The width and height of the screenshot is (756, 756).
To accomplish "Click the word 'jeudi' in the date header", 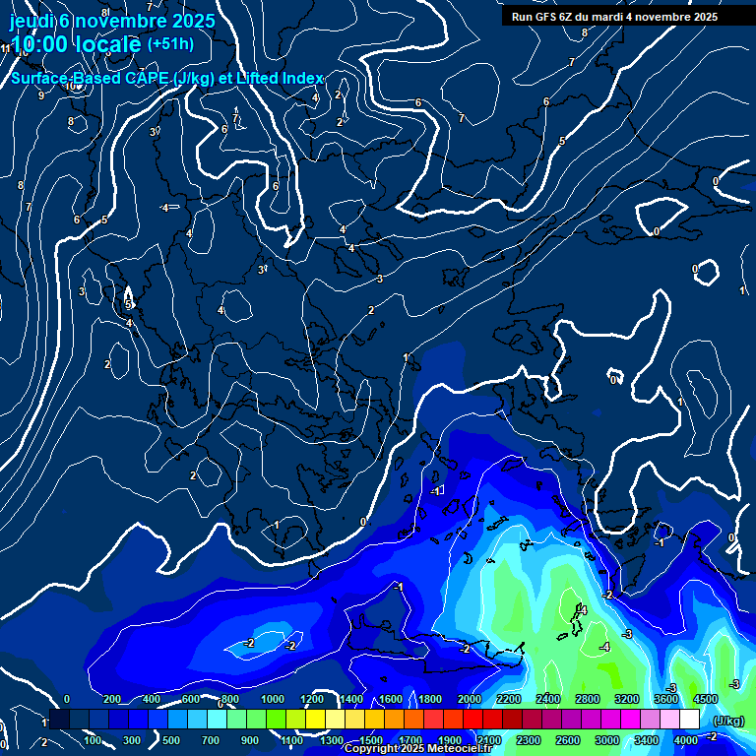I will tap(32, 21).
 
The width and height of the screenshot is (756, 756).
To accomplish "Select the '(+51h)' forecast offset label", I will tap(170, 43).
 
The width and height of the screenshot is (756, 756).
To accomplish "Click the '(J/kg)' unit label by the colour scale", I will tap(727, 721).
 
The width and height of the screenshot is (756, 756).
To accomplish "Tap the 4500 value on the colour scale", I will tap(706, 699).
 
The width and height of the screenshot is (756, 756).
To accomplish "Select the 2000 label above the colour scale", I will tap(470, 699).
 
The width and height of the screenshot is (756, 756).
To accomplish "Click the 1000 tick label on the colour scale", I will tap(273, 699).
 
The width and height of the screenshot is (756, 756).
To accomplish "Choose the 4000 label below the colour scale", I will tap(686, 740).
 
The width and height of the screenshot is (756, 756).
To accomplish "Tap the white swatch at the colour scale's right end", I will tap(689, 720).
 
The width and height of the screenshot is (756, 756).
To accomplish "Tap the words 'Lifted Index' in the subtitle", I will tap(282, 79).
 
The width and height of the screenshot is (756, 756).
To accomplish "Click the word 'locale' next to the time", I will tap(108, 45).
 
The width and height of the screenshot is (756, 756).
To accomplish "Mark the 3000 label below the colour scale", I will tap(607, 740).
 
